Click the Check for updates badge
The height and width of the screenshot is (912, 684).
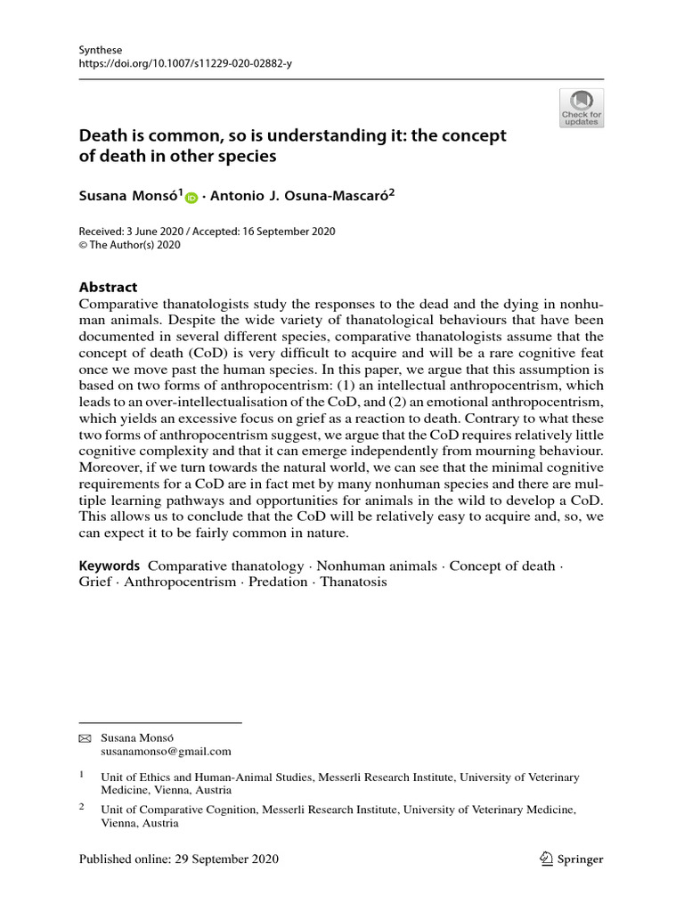pyautogui.click(x=582, y=108)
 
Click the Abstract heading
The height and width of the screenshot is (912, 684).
pyautogui.click(x=109, y=287)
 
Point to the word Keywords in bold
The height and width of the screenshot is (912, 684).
pyautogui.click(x=110, y=566)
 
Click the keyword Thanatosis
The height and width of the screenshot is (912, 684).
pyautogui.click(x=354, y=582)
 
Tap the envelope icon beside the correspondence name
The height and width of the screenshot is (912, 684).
pyautogui.click(x=85, y=738)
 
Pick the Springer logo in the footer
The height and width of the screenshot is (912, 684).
pyautogui.click(x=573, y=859)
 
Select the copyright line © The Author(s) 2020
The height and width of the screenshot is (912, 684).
pyautogui.click(x=130, y=246)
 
